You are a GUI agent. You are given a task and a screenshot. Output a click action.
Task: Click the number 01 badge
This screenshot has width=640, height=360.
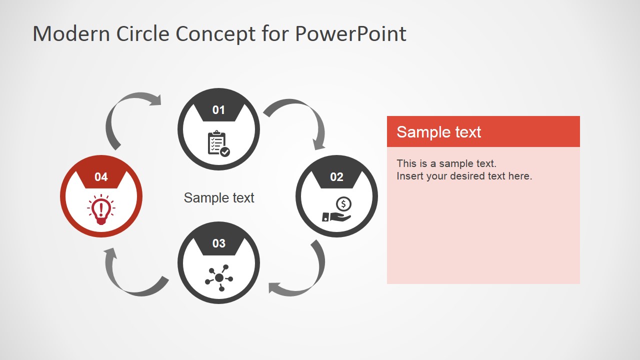218,110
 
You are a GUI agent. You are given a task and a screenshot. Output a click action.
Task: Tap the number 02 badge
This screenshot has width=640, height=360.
336,177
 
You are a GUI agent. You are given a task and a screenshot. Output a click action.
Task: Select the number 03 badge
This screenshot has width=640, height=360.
218,243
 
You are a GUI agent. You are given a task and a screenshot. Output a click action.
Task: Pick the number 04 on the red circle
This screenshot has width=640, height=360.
101,177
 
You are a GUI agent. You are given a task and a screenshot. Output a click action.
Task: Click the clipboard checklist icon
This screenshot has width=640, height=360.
218,144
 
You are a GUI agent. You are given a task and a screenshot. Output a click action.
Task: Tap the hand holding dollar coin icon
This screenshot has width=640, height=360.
337,211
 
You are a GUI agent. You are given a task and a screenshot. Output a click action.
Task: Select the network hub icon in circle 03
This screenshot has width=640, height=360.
219,277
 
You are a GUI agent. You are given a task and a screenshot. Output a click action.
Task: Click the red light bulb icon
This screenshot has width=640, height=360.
101,209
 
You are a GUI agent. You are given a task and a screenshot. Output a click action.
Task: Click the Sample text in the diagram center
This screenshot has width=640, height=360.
219,198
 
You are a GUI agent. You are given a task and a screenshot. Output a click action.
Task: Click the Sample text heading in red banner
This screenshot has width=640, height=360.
438,132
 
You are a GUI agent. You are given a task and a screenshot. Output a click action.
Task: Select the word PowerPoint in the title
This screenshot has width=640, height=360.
350,34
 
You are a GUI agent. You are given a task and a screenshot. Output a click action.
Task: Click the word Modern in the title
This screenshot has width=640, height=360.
71,34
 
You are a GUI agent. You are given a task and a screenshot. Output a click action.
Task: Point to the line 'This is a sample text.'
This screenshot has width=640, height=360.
446,163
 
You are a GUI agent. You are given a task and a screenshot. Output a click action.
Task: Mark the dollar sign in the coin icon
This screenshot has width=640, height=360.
343,203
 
